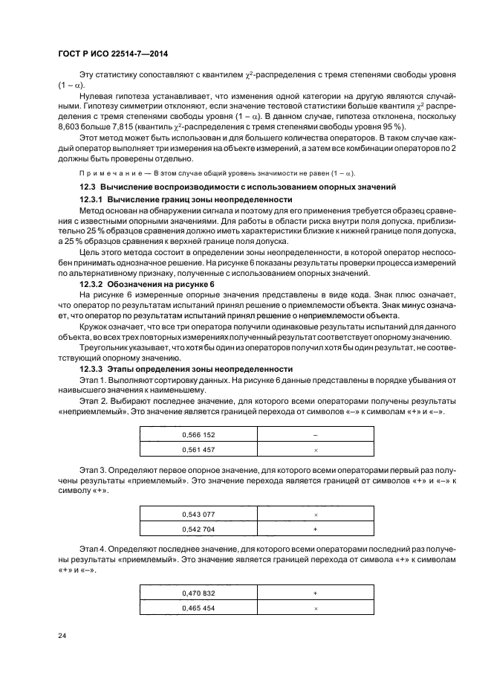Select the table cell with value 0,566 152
point(198,435)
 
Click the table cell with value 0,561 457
point(198,450)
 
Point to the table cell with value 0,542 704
point(198,529)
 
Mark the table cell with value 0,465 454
point(198,608)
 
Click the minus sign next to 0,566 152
point(316,435)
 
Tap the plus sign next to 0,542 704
point(316,529)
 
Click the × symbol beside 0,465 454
point(316,608)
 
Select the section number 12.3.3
point(93,369)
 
